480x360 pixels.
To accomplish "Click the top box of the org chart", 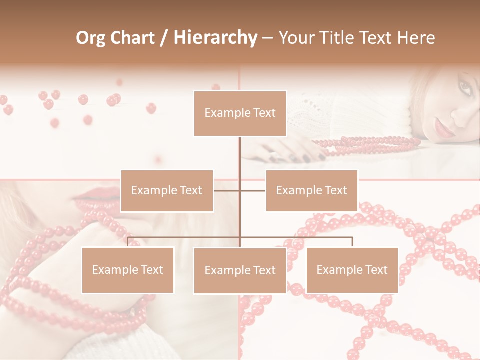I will pos(240,113).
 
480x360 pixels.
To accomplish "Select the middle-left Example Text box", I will pos(167,190).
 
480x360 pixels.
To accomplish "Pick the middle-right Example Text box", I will pos(311,190).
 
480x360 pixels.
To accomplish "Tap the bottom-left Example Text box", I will pos(127,270).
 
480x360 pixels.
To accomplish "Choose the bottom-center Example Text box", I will pos(240,270).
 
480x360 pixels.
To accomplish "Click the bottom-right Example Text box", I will pos(352,270).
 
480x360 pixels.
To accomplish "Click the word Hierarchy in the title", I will pos(215,37).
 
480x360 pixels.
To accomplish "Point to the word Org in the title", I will pos(90,38).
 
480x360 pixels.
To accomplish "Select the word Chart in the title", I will pos(131,38).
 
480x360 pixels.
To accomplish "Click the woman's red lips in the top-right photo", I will pos(443,128).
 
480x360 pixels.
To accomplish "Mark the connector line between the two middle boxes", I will pos(240,190).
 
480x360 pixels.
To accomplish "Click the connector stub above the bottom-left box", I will pos(127,242).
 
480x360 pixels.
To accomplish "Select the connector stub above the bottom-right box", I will pos(352,242).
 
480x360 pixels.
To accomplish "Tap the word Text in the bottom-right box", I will pos(376,270).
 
